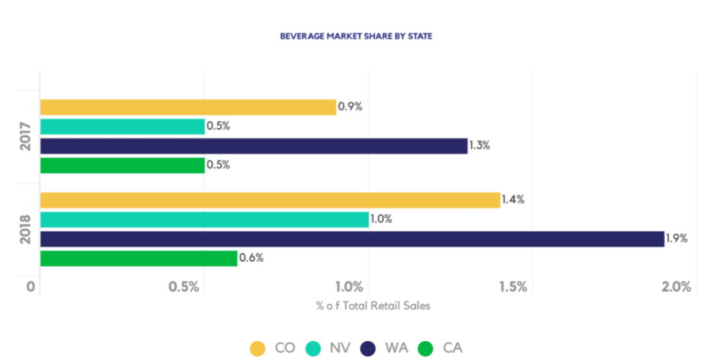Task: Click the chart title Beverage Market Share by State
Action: point(356,36)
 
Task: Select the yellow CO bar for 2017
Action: point(188,107)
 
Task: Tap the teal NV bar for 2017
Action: point(122,127)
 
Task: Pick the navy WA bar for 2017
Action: point(254,146)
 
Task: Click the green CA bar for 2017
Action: point(122,166)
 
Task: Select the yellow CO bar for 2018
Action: point(270,200)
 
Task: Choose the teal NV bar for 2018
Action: point(204,220)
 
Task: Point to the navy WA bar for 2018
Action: point(352,239)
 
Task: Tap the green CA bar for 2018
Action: point(139,259)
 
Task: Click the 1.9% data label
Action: point(676,238)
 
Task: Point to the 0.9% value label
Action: point(350,107)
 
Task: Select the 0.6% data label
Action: point(251,258)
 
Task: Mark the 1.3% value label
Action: point(481,146)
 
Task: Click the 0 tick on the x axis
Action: point(31,287)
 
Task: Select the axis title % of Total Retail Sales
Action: point(373,305)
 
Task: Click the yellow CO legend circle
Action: point(258,348)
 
